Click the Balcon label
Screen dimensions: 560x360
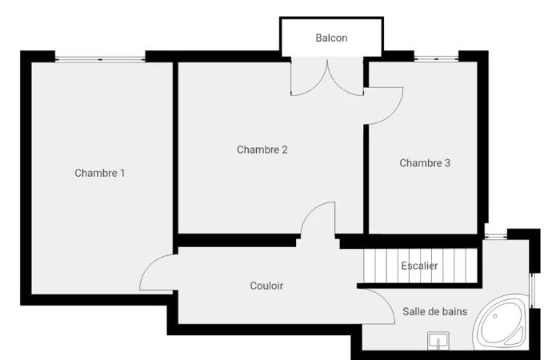[331, 38]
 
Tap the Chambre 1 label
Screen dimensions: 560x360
[100, 174]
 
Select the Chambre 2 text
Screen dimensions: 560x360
[262, 150]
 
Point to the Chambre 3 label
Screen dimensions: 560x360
[425, 163]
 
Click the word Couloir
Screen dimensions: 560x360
[266, 286]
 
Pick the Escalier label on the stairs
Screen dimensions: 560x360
[419, 266]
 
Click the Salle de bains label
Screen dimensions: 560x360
[435, 311]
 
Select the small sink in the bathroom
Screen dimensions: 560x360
[438, 341]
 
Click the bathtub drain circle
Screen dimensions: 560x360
[495, 316]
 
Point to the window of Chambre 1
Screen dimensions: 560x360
[100, 59]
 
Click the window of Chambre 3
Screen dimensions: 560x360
[436, 58]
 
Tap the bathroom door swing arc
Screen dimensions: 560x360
[385, 301]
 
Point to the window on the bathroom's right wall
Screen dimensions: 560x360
[531, 290]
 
